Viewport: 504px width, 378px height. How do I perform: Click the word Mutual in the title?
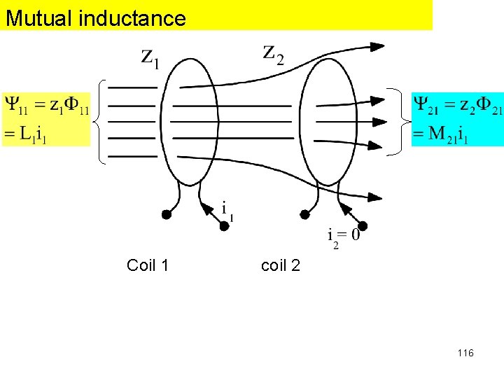click(x=39, y=17)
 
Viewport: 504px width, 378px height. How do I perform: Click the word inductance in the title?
click(x=132, y=17)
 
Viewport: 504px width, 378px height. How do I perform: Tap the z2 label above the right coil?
click(x=274, y=52)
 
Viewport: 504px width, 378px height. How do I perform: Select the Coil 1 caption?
click(x=148, y=265)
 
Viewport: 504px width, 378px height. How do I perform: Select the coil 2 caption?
click(x=281, y=265)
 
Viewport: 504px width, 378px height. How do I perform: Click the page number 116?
click(x=465, y=353)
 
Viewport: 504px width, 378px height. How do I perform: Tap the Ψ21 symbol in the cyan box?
click(x=426, y=106)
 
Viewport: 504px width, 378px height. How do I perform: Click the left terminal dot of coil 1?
click(x=167, y=214)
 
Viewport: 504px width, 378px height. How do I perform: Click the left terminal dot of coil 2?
click(x=304, y=214)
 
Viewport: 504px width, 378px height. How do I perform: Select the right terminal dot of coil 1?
click(x=224, y=225)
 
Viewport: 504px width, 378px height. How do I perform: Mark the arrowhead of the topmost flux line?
click(x=377, y=47)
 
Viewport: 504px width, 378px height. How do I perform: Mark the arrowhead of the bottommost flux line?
click(x=374, y=199)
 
